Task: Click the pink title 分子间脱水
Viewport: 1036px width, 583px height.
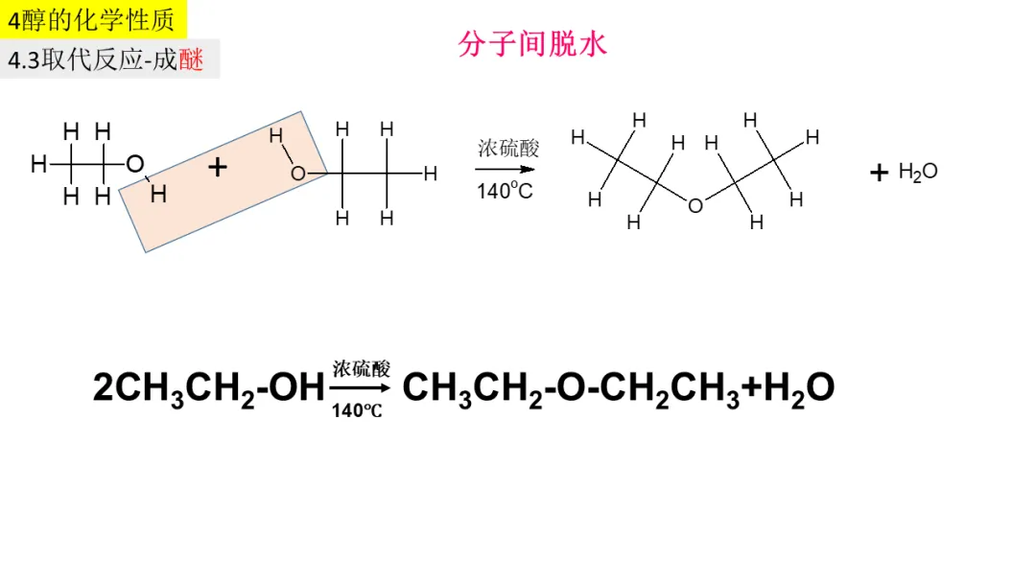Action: (x=532, y=44)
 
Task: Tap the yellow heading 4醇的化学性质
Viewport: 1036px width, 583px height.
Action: (x=93, y=19)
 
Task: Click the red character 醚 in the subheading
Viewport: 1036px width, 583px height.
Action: (x=192, y=59)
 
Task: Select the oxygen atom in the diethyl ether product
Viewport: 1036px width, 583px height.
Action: (x=695, y=204)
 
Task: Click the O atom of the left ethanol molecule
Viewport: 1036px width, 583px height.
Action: (x=134, y=164)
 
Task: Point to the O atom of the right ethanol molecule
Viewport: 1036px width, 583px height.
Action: (x=298, y=174)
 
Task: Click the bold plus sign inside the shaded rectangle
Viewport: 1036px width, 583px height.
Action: (x=218, y=167)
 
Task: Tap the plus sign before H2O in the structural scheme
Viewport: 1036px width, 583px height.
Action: (x=879, y=173)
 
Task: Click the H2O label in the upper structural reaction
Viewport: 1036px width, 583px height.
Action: (x=918, y=173)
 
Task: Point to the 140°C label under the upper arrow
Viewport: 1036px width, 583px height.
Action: (x=505, y=191)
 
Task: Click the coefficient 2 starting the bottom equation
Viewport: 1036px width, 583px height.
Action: (x=103, y=387)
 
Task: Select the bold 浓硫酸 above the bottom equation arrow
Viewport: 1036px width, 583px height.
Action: (x=362, y=369)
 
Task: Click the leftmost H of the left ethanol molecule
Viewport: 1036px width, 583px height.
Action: (x=38, y=164)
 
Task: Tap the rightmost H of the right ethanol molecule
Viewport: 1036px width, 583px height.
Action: (x=430, y=174)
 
